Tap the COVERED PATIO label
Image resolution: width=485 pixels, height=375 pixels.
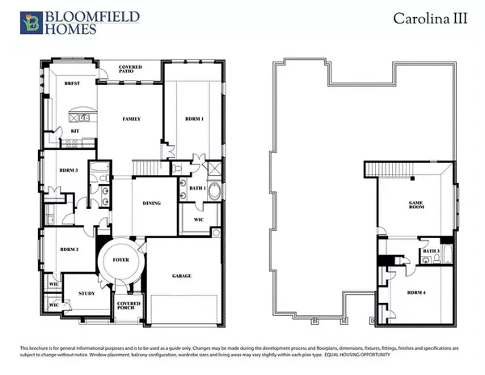tap(132, 70)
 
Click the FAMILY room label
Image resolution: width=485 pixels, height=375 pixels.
tap(132, 119)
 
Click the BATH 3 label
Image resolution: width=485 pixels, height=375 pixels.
tap(430, 251)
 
